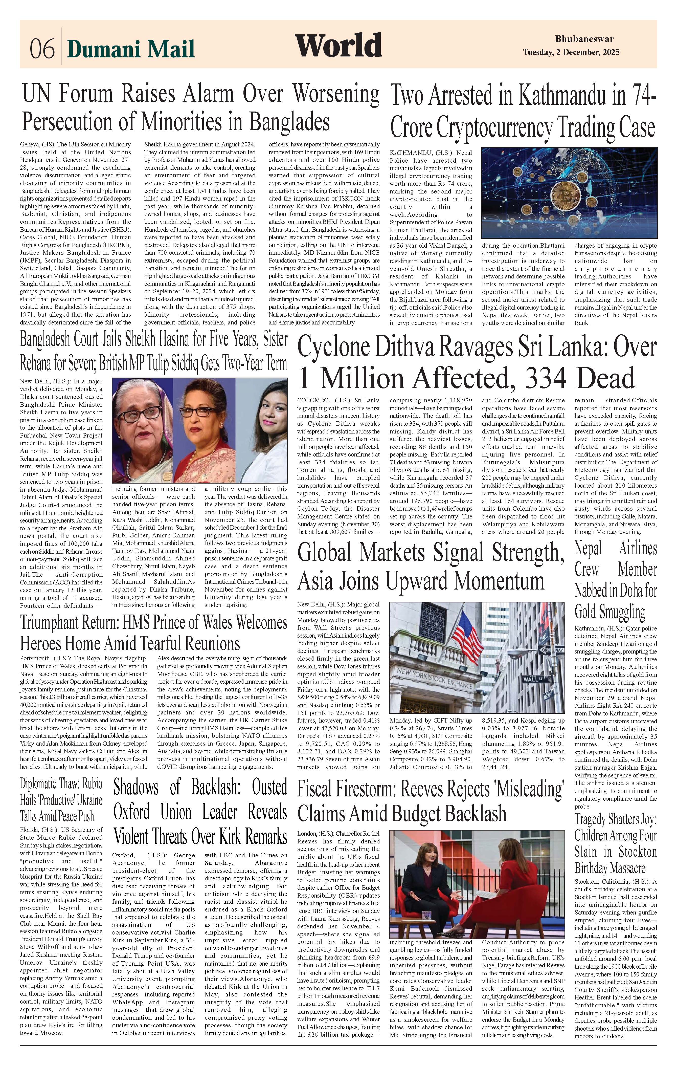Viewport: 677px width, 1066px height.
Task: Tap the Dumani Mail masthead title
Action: point(131,49)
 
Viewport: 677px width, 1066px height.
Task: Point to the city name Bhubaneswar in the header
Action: point(584,39)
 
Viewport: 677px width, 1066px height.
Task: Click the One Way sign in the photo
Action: point(553,650)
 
